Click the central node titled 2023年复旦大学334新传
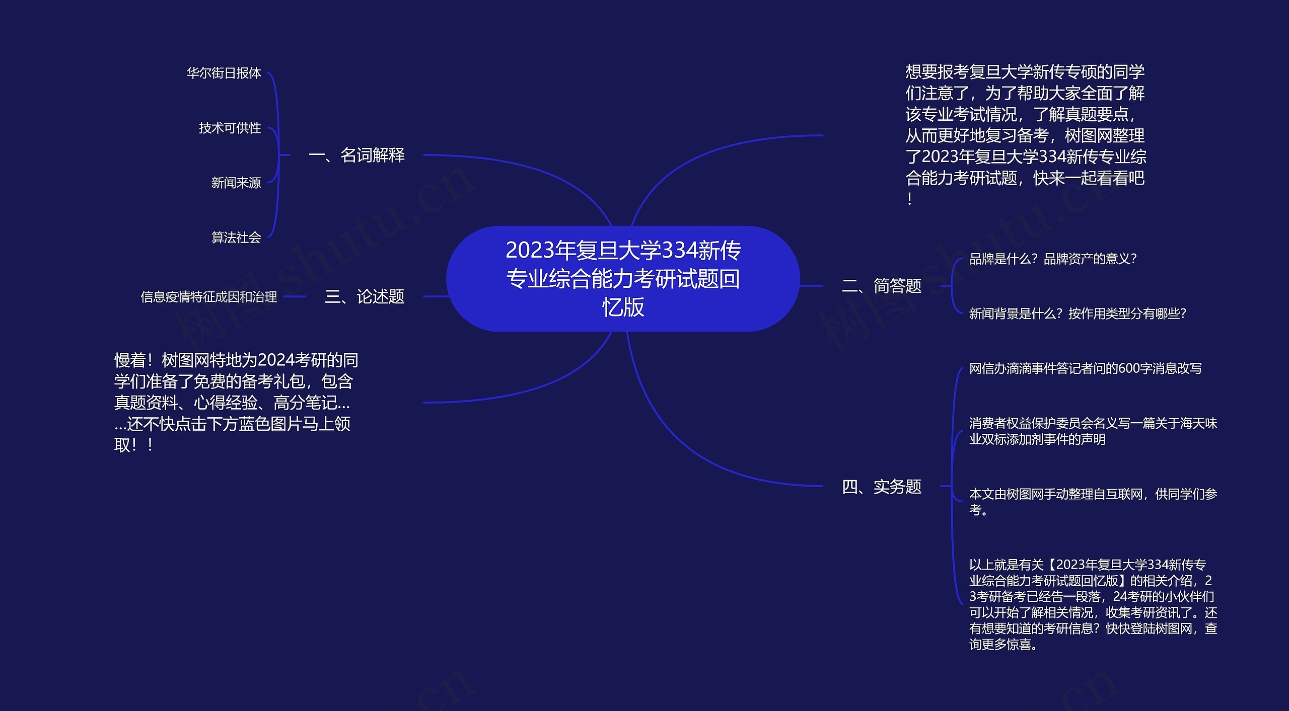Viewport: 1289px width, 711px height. [623, 279]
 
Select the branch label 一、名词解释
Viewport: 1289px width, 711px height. [356, 155]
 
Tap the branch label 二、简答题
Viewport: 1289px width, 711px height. [882, 286]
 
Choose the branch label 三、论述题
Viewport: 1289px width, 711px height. [365, 296]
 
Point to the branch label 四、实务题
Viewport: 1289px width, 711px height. [882, 487]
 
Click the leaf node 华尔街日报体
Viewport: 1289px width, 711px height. [224, 73]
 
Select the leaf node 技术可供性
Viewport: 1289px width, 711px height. [230, 128]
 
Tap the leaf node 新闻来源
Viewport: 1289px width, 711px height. [236, 183]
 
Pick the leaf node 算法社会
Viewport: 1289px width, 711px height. [236, 237]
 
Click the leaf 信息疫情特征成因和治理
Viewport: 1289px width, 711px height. [208, 297]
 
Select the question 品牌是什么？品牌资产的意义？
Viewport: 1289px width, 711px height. [1053, 259]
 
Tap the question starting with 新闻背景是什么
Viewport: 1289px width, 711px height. [1078, 313]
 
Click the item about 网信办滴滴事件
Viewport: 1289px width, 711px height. [1085, 368]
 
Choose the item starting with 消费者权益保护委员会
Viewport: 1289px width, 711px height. [1093, 431]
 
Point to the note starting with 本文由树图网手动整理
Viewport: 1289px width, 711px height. [1093, 502]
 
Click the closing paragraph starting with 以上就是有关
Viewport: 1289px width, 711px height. [1093, 604]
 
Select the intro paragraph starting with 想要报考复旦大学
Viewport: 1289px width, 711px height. [1026, 135]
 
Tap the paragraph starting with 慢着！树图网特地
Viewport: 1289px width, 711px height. [236, 403]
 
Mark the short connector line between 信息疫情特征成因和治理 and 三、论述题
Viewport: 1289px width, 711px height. [295, 297]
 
